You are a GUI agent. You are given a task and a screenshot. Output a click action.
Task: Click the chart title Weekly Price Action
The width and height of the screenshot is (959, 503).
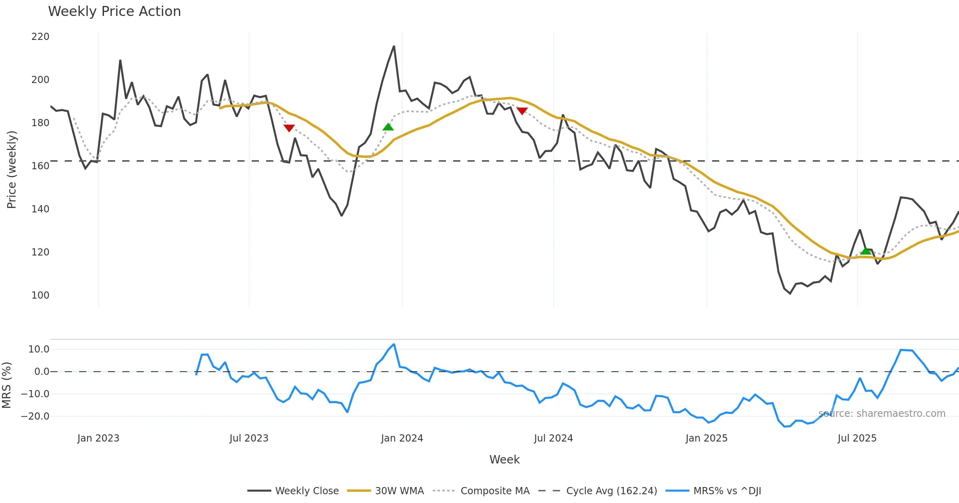coord(114,12)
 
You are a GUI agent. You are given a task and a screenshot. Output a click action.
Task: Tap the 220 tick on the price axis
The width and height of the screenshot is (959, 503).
coord(40,37)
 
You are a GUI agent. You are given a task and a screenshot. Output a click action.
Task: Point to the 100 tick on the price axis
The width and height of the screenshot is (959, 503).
coord(40,295)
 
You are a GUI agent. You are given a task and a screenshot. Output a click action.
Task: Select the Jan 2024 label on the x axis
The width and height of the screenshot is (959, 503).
coord(402,438)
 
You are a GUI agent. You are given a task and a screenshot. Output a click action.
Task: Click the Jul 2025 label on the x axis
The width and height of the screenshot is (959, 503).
coord(857,438)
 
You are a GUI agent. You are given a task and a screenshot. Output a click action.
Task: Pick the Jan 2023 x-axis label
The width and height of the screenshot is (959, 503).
coord(98,438)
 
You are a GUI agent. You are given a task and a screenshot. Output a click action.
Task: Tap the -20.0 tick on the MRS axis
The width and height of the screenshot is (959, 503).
coord(35,416)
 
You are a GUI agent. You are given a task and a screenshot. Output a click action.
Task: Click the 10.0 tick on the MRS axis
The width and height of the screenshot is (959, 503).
coord(39,349)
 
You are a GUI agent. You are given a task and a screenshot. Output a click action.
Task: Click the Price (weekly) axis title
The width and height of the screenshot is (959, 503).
coord(12,170)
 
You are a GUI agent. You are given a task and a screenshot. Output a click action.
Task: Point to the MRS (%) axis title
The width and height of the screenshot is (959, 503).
coord(7,385)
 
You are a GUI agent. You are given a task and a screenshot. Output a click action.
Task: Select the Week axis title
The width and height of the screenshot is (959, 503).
coord(504,460)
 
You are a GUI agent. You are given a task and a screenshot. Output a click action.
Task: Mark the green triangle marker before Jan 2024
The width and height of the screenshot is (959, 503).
coord(388,127)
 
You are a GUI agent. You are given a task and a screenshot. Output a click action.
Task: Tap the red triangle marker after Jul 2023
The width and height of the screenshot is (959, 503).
coord(289,128)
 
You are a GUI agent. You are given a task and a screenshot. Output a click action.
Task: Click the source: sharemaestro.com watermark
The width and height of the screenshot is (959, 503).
coord(881,414)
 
